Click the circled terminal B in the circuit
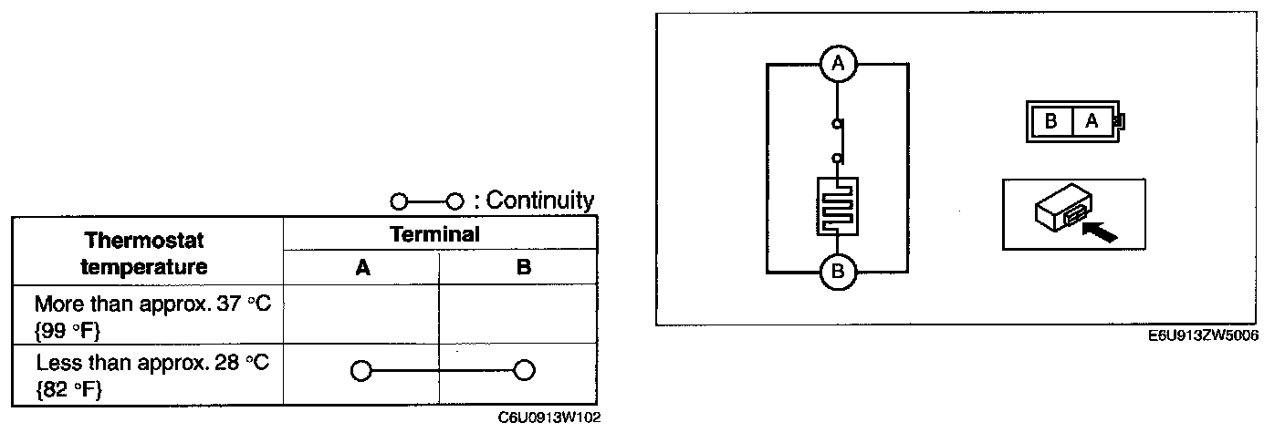click(x=837, y=272)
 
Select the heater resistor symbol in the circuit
click(x=837, y=206)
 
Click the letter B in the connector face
click(x=1050, y=121)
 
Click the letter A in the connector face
click(x=1092, y=121)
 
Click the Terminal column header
click(x=440, y=234)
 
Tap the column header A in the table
click(x=362, y=268)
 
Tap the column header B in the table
click(x=523, y=268)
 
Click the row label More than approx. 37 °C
click(x=152, y=314)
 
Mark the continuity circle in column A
click(x=360, y=371)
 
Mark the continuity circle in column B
click(x=523, y=371)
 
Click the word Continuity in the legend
click(x=540, y=201)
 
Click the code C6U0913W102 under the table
click(x=550, y=418)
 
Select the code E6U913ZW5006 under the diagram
click(x=1205, y=335)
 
